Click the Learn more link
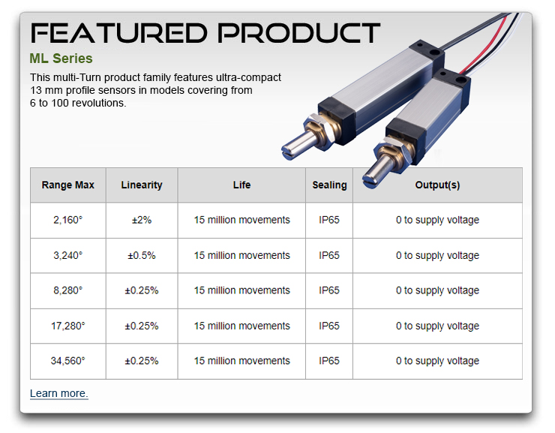coord(58,393)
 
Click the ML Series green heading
coord(61,59)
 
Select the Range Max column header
coord(68,185)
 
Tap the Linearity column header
coord(142,185)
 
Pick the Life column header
coord(241,185)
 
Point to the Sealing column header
coord(329,185)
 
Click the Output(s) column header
coord(437,185)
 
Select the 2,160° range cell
coord(68,220)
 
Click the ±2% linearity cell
coord(142,220)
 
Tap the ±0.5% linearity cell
coord(142,255)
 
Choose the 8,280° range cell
coord(68,290)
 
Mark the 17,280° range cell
coord(68,326)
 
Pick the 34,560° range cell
coord(68,361)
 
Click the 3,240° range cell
coord(68,255)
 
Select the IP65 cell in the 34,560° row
coord(329,361)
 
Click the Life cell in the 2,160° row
coord(241,220)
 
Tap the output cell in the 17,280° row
coord(437,326)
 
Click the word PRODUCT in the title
coord(299,33)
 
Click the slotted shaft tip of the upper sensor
coord(287,151)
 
